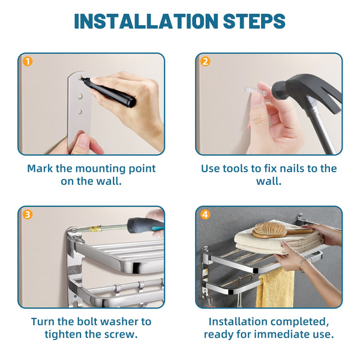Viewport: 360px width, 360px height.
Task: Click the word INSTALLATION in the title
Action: pos(146,21)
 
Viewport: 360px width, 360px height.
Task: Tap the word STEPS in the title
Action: pos(254,21)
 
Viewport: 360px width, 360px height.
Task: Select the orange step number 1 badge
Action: pos(28,62)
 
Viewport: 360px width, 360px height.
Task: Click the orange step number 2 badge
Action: pos(205,62)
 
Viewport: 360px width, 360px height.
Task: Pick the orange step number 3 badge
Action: pos(28,215)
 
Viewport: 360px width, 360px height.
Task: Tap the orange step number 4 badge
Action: pos(205,215)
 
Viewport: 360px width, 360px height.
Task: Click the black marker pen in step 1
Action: pos(108,92)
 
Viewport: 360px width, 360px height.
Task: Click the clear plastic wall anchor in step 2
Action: pos(256,91)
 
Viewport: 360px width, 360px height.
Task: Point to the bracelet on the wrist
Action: pos(302,264)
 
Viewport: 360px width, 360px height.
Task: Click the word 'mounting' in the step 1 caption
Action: pos(101,169)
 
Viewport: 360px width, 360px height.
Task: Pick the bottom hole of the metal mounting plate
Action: pos(80,112)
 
